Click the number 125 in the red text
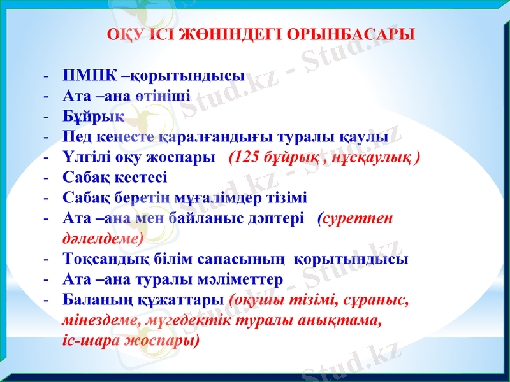(x=248, y=157)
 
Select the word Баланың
(x=92, y=300)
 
